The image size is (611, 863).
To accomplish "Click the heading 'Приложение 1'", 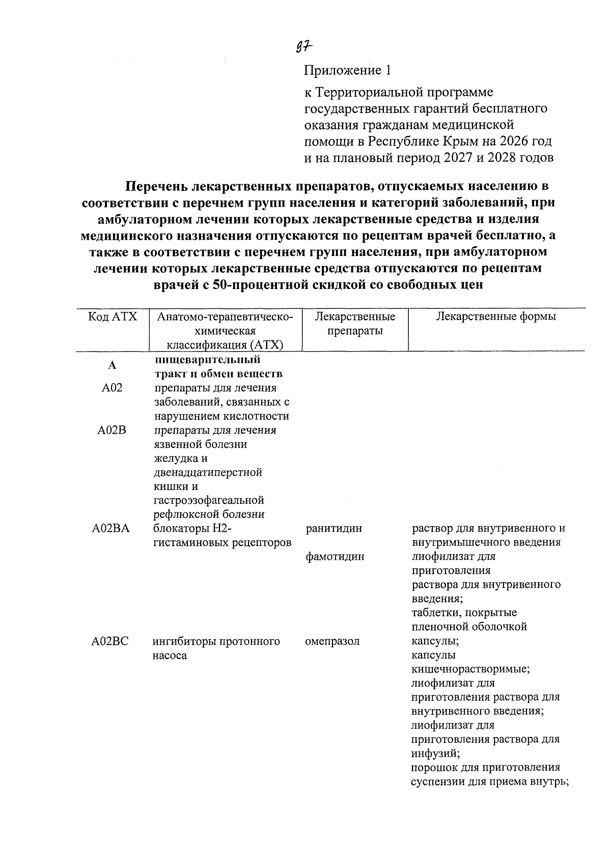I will [x=349, y=70].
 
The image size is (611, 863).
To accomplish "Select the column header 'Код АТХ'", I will [x=113, y=317].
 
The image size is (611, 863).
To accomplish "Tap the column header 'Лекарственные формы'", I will [x=496, y=317].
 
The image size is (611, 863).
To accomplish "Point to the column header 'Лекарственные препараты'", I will [x=355, y=324].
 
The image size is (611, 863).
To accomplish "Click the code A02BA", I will [x=110, y=528].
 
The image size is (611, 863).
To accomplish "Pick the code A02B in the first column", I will [x=112, y=430].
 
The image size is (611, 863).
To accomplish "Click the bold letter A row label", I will [x=112, y=365].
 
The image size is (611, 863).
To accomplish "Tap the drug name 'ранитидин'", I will [x=334, y=528].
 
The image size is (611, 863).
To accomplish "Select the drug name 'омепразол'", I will [x=332, y=641].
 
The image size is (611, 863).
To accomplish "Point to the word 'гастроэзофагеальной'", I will [x=208, y=500].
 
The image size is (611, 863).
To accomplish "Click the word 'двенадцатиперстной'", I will [x=208, y=472].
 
